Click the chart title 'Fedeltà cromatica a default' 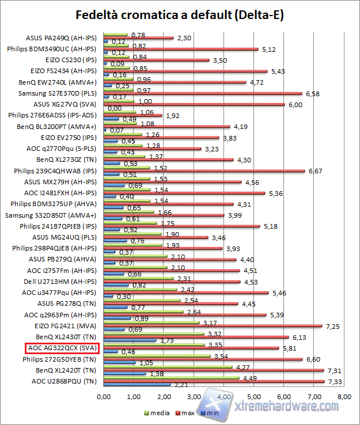(180, 14)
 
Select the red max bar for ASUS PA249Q (138, 38)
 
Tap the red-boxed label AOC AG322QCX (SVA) (62, 348)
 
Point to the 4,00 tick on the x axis (223, 396)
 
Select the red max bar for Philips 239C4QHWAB (204, 171)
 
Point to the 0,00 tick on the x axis (103, 396)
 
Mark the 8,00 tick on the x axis (344, 396)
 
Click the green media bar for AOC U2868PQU (170, 378)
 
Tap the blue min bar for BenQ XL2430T (129, 340)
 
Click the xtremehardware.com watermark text (288, 406)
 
